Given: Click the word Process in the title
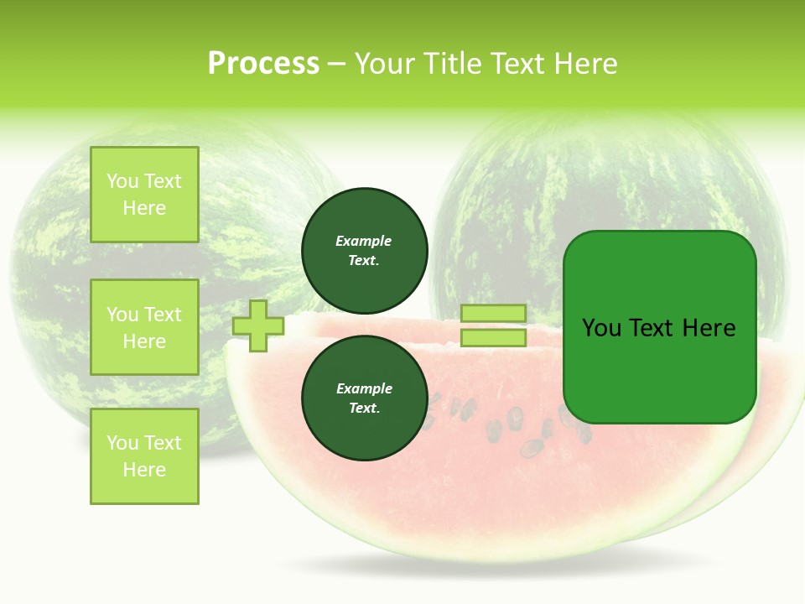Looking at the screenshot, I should tap(263, 64).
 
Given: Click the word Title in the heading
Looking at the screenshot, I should tap(451, 64).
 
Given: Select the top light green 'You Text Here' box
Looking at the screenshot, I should tap(144, 195).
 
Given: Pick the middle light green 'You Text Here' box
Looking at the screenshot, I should tap(144, 327).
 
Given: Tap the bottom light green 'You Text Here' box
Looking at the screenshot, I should tap(144, 456).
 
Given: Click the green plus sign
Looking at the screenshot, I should tap(258, 325).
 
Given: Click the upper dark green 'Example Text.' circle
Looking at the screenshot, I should tap(365, 251).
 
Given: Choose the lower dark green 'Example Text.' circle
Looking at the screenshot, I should tap(365, 398).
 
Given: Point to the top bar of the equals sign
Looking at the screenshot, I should tap(493, 314).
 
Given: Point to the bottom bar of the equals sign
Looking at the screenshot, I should tap(493, 338).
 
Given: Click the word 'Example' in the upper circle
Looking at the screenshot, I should tap(364, 242).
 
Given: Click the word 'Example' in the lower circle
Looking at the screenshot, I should tap(364, 389).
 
